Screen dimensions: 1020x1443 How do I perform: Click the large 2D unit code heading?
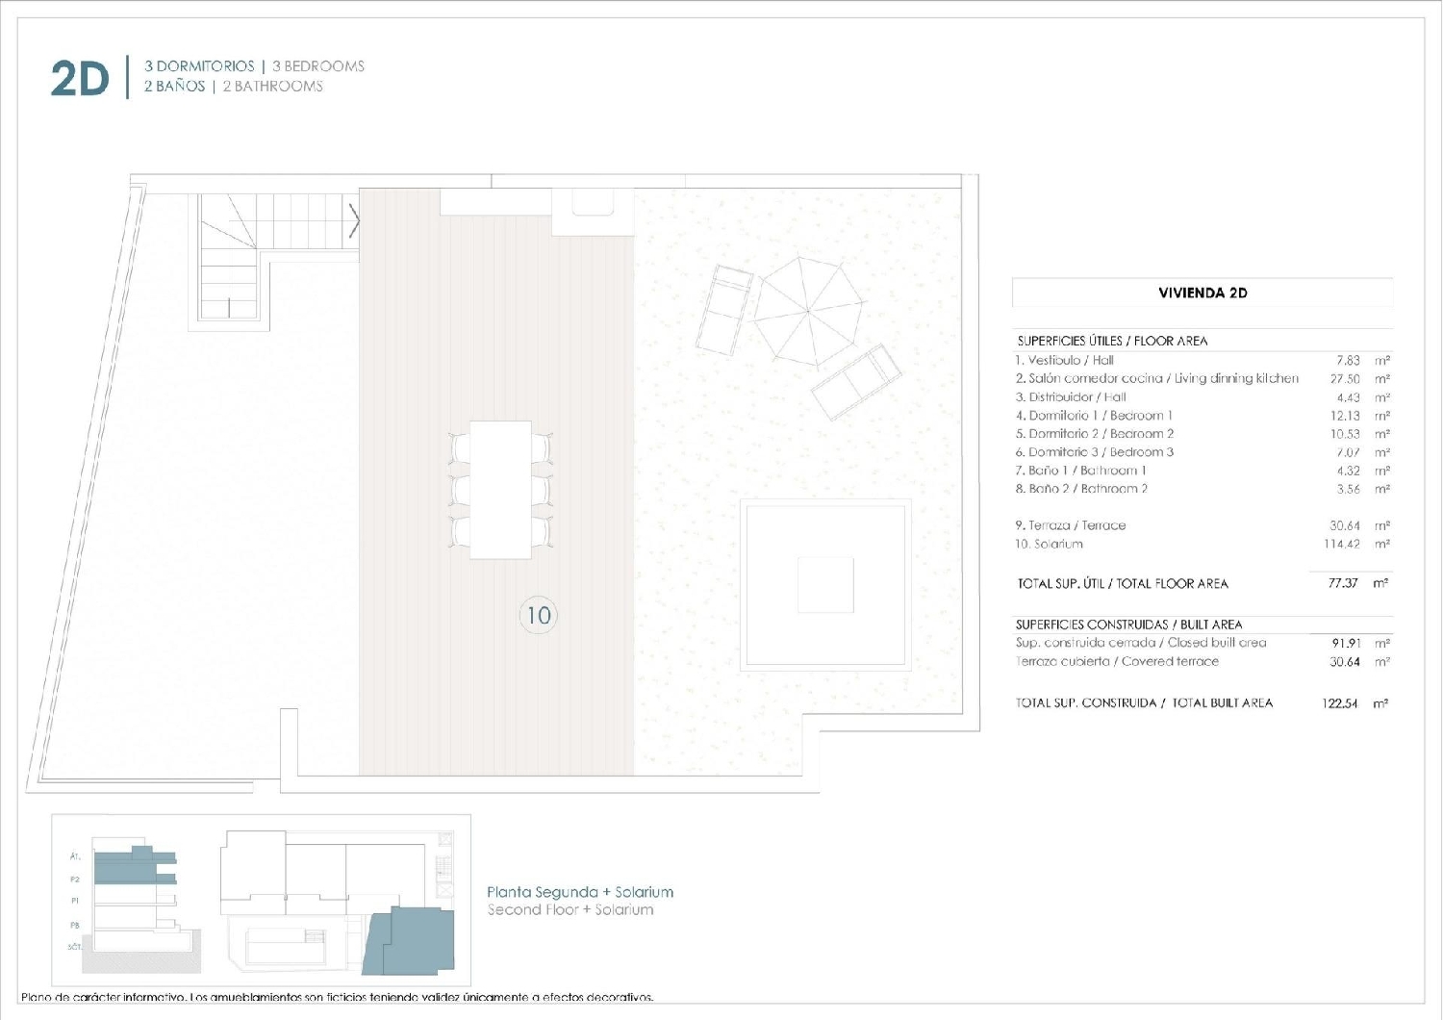(80, 78)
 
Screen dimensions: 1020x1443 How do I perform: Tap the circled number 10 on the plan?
(539, 615)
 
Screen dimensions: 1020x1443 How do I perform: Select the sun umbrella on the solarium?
(807, 310)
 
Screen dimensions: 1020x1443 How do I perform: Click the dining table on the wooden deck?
(500, 489)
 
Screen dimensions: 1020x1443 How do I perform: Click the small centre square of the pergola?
(825, 584)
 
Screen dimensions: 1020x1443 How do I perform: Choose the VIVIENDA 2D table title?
(1202, 293)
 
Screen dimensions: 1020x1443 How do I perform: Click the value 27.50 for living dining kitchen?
(1345, 379)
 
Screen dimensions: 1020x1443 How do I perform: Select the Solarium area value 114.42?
(1342, 545)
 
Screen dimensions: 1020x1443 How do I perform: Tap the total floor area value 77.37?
(1343, 583)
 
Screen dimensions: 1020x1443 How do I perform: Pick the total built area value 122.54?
(1340, 703)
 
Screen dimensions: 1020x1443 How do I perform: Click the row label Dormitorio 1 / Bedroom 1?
(1094, 416)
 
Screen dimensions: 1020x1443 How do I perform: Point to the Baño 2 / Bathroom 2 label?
(1081, 489)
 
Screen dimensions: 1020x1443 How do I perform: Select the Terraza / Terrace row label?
(1071, 525)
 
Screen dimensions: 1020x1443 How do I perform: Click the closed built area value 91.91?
(1346, 643)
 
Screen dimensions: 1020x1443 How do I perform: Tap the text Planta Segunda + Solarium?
(580, 892)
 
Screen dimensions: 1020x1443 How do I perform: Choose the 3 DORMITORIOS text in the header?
(199, 66)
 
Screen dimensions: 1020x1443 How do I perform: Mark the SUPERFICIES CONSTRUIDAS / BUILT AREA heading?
(1128, 625)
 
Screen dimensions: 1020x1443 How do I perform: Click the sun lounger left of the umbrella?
(726, 310)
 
